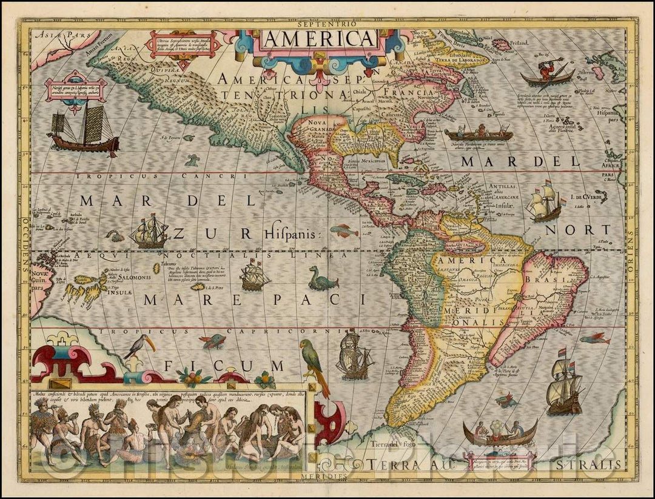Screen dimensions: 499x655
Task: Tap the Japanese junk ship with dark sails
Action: pyautogui.click(x=84, y=129)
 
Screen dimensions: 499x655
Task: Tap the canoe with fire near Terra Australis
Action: pyautogui.click(x=500, y=433)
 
